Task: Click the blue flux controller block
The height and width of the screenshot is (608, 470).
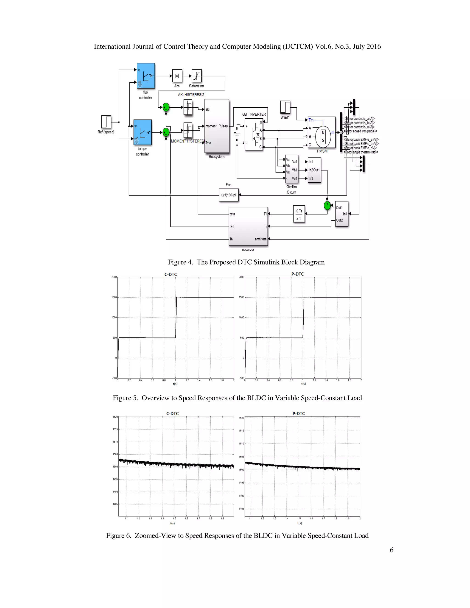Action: tap(146, 76)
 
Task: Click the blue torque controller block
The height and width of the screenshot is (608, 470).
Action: tap(143, 132)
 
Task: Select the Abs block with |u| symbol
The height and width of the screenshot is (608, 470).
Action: tap(177, 76)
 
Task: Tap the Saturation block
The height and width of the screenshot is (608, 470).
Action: tap(197, 76)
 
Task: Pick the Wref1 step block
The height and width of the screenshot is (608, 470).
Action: tap(285, 107)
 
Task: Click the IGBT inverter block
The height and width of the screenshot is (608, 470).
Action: tap(254, 134)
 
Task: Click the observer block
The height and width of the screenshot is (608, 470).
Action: tap(248, 226)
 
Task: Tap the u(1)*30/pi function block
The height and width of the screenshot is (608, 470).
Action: tap(229, 195)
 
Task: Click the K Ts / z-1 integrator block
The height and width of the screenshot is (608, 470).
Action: tap(299, 214)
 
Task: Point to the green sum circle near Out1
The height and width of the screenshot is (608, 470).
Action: tap(327, 205)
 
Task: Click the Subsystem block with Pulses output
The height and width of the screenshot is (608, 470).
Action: tap(217, 126)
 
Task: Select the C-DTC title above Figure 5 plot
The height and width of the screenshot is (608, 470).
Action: tap(171, 274)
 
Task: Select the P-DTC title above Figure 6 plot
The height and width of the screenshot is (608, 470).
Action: tap(299, 414)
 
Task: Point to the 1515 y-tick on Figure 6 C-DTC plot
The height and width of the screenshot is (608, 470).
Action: tap(115, 429)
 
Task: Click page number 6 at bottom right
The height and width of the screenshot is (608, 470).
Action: tap(392, 550)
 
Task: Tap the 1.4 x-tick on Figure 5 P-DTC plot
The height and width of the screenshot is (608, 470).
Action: tap(326, 380)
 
